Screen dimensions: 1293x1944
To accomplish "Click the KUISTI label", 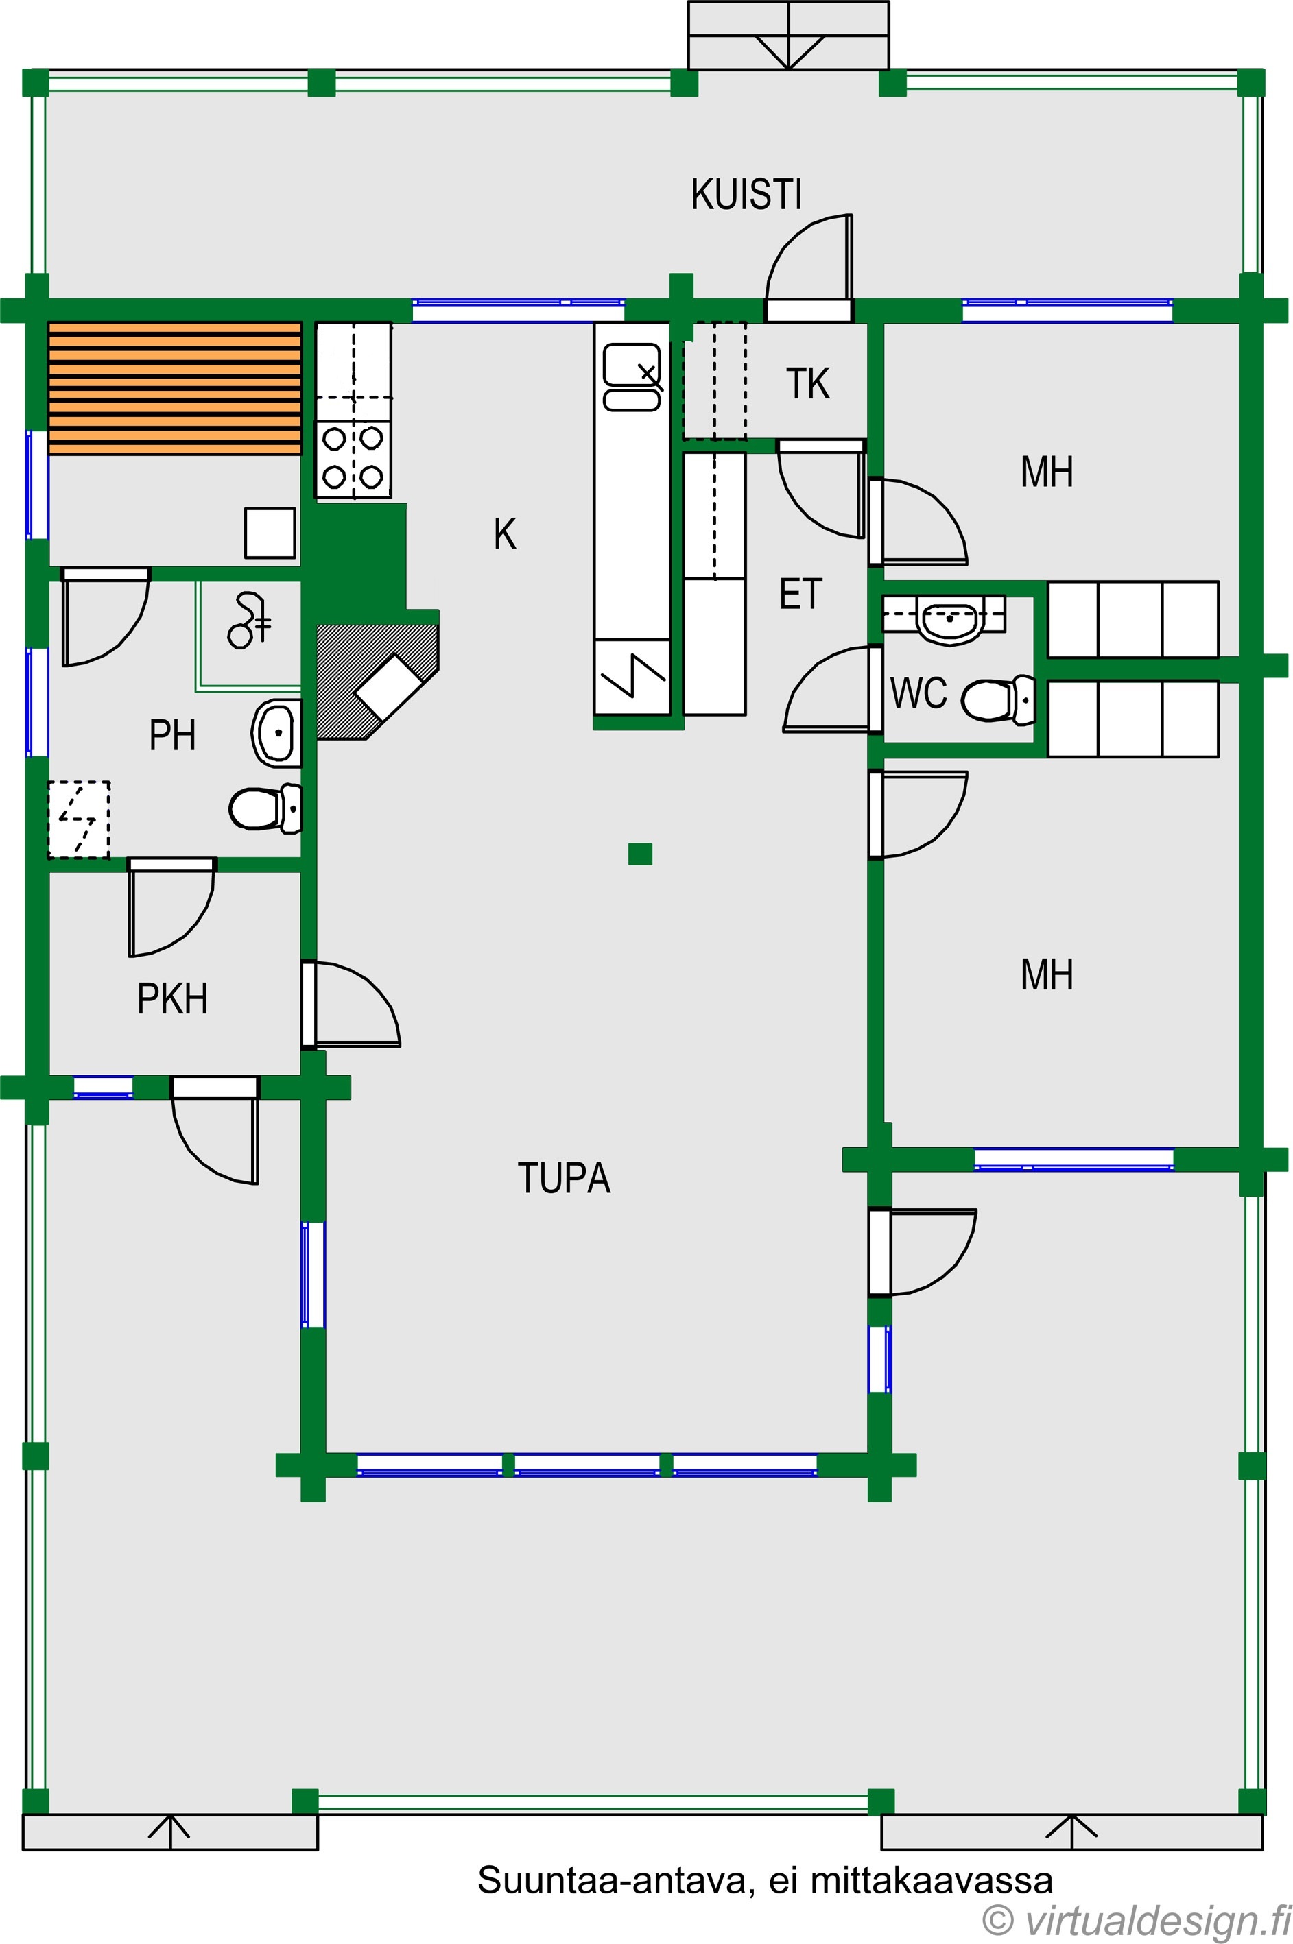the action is (746, 195).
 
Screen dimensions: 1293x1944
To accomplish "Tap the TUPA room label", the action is (564, 1178).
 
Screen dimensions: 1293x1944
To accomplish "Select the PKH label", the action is (172, 999).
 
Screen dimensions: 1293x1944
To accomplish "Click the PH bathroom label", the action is (172, 735).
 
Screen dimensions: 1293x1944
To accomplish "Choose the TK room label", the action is (807, 384).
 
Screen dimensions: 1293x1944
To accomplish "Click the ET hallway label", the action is (800, 595).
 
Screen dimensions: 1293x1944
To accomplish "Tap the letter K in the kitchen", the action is (505, 534).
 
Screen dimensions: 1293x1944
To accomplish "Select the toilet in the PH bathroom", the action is (265, 808).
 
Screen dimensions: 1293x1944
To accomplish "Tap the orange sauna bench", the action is (175, 387).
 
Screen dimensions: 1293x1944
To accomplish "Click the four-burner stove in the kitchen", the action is (353, 459).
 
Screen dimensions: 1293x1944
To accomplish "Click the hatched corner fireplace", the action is (377, 681).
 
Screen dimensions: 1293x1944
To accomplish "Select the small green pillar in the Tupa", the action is (640, 854).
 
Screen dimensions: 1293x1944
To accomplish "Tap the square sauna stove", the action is (270, 533).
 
